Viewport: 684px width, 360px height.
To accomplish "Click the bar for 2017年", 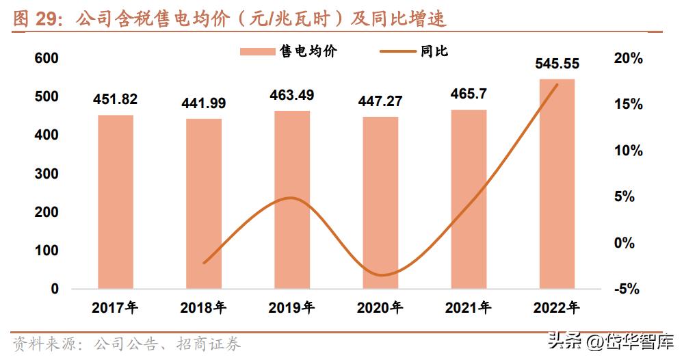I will click(116, 202).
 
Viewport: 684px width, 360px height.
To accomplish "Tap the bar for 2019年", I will click(292, 199).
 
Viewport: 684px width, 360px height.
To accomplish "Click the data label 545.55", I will click(557, 64).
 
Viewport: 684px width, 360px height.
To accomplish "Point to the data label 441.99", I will click(203, 103).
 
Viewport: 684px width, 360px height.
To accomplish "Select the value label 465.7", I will click(469, 94).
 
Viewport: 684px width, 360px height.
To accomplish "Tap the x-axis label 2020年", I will click(380, 308).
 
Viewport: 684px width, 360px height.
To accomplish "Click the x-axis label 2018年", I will click(203, 308).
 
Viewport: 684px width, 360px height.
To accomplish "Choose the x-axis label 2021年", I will click(469, 308).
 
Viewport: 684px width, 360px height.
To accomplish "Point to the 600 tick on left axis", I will click(47, 59).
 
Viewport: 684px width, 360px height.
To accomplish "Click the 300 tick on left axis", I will click(47, 174).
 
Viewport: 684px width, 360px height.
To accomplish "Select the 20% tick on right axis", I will click(629, 59).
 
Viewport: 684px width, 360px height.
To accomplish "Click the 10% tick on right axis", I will click(629, 151).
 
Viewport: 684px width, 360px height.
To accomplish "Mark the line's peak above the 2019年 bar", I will click(291, 198).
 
